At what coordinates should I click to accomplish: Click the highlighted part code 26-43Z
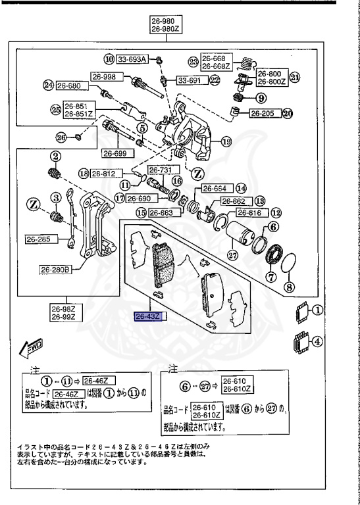(151, 317)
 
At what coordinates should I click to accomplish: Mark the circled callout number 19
(226, 140)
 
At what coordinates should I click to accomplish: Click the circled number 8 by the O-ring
(288, 286)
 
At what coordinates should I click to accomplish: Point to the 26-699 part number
(116, 153)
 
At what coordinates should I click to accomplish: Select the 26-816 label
(251, 213)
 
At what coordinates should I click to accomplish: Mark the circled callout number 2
(57, 156)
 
